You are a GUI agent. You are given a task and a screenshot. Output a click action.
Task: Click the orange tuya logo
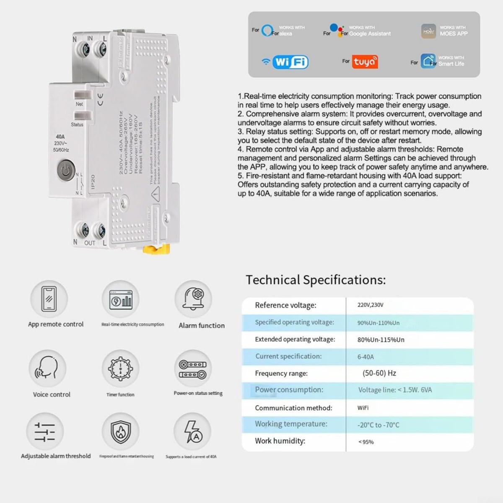coord(365,62)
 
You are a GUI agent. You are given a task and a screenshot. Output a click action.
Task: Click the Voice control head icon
coord(47,368)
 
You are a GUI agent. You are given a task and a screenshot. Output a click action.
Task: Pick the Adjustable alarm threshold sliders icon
coord(44,431)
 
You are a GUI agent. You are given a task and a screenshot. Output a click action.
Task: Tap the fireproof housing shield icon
coord(120,431)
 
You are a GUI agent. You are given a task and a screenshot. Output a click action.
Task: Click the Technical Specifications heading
coord(315,280)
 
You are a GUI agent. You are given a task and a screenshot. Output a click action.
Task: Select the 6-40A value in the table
coord(366,357)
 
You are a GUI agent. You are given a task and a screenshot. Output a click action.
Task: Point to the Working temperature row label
coord(291,424)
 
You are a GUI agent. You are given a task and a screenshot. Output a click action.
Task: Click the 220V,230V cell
coord(370,305)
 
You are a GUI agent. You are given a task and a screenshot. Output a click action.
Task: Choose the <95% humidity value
coord(366,442)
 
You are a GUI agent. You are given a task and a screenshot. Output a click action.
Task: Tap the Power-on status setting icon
coord(193,368)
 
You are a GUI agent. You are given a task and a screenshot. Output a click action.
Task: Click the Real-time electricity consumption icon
coord(121,299)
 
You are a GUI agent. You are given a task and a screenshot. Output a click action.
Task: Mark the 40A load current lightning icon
coord(193,431)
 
